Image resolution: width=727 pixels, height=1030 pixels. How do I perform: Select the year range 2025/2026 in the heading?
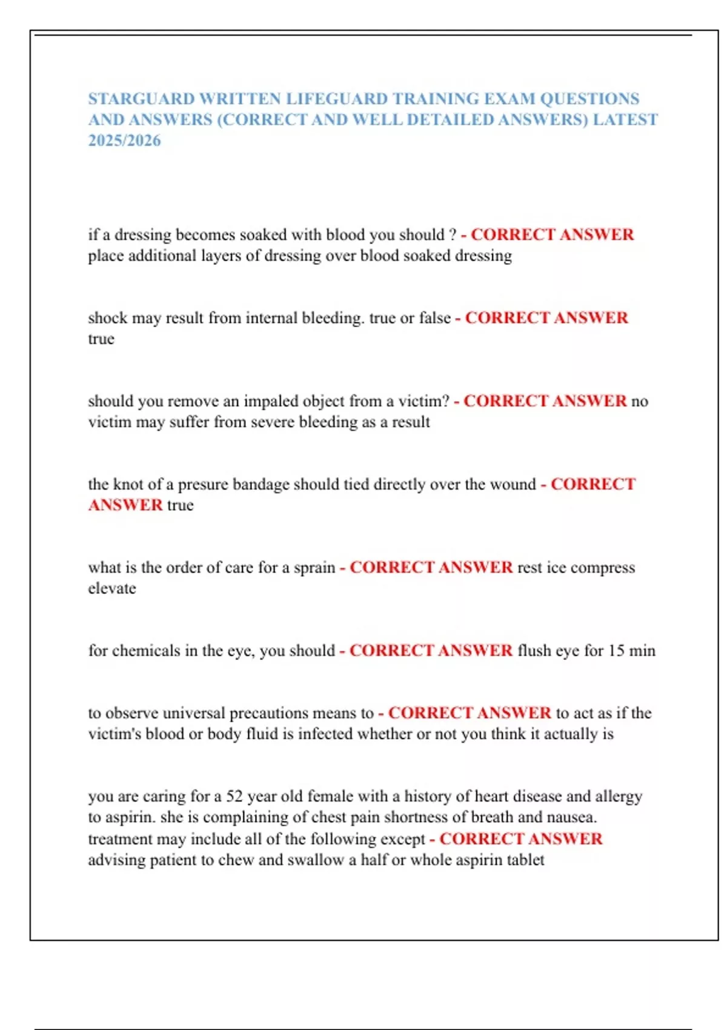click(124, 141)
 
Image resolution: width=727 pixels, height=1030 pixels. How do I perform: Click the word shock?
click(108, 317)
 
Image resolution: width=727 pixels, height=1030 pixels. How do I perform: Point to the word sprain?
click(314, 568)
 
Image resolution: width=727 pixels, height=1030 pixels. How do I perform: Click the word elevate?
click(112, 588)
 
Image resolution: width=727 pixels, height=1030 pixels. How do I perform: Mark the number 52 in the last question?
click(234, 796)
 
